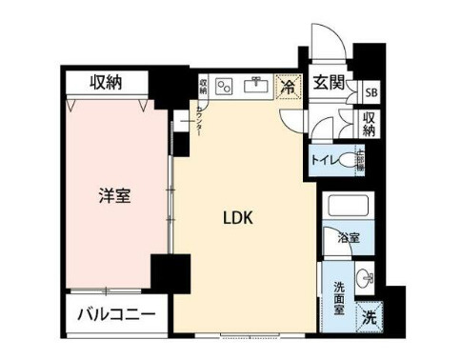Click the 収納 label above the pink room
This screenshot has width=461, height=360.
point(107,83)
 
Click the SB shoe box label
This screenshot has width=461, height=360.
point(370,92)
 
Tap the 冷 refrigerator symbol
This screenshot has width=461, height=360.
point(287,88)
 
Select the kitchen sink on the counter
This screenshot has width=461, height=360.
point(254,87)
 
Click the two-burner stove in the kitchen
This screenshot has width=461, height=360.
point(225,87)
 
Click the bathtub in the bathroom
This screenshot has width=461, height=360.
point(347,208)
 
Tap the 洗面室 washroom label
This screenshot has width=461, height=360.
point(338,298)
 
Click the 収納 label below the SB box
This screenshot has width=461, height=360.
point(370,124)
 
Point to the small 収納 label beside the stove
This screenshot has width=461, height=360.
point(203,87)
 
